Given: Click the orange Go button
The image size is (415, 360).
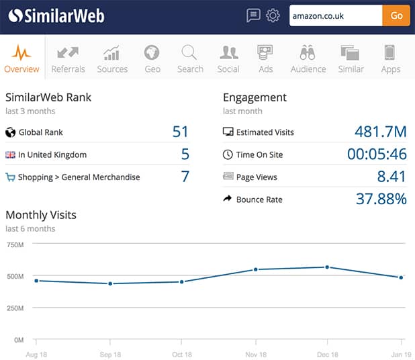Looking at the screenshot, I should [396, 15].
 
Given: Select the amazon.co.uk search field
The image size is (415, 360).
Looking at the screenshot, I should [335, 15].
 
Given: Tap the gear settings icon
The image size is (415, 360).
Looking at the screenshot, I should [273, 15].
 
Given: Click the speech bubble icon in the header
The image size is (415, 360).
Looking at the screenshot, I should [253, 15].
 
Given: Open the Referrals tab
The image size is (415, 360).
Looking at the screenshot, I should [68, 58].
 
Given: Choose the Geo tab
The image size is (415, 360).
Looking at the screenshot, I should [152, 58].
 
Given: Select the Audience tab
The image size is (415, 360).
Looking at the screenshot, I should [308, 58].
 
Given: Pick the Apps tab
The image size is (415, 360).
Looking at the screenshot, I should [390, 58].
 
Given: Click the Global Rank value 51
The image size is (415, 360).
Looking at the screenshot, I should [180, 132].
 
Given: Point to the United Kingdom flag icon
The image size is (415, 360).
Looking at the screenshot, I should [10, 154].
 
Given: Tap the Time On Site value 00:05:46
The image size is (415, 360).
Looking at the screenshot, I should [377, 154].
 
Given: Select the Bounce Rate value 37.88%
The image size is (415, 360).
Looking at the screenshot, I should [381, 199].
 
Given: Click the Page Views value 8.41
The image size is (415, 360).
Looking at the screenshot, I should [391, 177].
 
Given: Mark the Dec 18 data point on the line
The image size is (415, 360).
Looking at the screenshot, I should [327, 267].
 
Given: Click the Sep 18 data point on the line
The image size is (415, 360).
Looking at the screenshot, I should [109, 283].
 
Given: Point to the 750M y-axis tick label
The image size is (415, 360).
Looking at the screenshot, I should [15, 244].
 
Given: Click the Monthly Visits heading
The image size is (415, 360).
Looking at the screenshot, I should [41, 215].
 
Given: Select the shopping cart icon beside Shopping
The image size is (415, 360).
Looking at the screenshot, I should [10, 177].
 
